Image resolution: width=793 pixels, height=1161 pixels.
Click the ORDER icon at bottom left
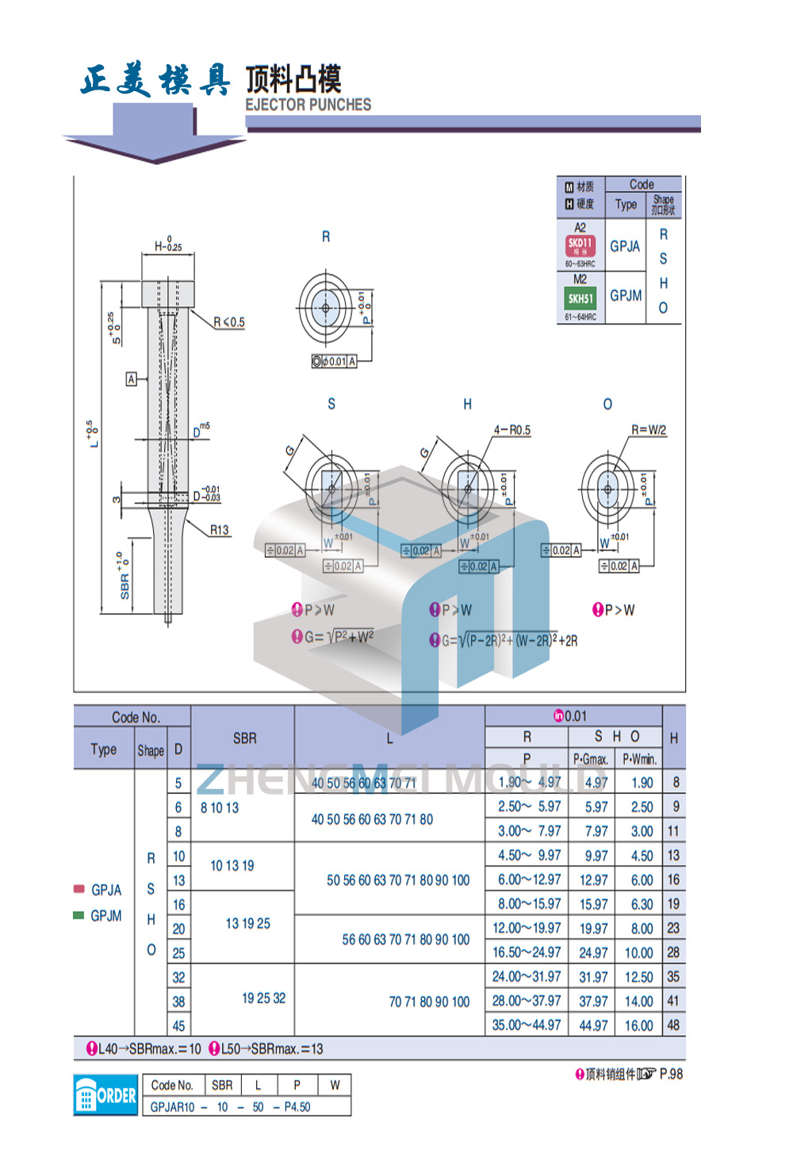tap(105, 1095)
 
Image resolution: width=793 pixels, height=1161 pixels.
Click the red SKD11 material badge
tap(580, 246)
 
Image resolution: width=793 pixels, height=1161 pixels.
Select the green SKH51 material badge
tap(580, 299)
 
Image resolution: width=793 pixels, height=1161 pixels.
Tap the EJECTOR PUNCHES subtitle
tap(308, 105)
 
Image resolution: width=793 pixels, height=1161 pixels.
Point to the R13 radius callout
tap(219, 530)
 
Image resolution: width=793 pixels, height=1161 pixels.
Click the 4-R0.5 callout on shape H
tap(511, 430)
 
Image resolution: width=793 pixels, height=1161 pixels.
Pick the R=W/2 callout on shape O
tap(648, 430)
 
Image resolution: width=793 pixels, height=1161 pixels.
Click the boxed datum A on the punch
tap(132, 379)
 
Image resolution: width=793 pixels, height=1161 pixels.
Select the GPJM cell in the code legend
tap(626, 296)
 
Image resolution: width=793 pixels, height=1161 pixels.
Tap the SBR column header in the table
tap(244, 738)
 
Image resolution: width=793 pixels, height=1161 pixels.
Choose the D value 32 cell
tap(179, 978)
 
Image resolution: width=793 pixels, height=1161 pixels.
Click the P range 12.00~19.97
tap(527, 928)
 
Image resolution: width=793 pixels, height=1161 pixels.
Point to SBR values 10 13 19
tap(232, 866)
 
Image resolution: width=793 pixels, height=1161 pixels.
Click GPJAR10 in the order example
tap(172, 1107)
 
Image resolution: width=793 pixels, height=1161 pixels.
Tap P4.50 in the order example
tap(297, 1107)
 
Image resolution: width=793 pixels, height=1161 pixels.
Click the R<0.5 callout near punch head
tap(229, 322)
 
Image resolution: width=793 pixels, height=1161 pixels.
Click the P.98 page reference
tap(671, 1074)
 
